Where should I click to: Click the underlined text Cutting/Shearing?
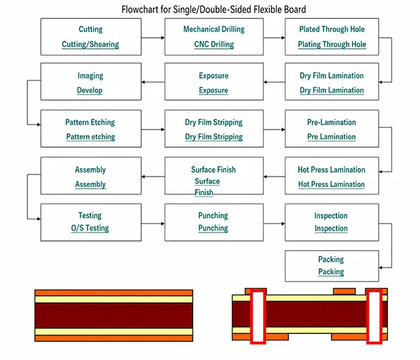point(90,44)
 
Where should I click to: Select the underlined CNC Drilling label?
point(213,44)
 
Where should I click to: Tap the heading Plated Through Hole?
point(332,29)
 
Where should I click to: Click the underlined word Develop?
point(90,90)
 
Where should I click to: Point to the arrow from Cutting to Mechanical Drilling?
point(153,38)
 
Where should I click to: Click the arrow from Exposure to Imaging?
point(153,82)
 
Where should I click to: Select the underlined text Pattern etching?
point(90,137)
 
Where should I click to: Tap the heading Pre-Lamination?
point(332,123)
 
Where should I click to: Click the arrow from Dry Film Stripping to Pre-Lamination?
point(274,130)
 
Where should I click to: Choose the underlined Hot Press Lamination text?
point(332,184)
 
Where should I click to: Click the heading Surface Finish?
point(213,169)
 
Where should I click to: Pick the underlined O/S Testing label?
point(90,228)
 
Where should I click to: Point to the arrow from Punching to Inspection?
point(274,223)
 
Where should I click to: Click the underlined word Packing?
point(331,272)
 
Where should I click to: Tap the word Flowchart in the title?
point(139,10)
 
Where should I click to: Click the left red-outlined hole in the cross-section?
point(258,317)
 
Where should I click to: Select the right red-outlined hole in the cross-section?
point(374,317)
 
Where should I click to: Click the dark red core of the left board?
point(114,315)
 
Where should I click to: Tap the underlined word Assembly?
point(90,184)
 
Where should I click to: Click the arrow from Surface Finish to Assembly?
point(153,176)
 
